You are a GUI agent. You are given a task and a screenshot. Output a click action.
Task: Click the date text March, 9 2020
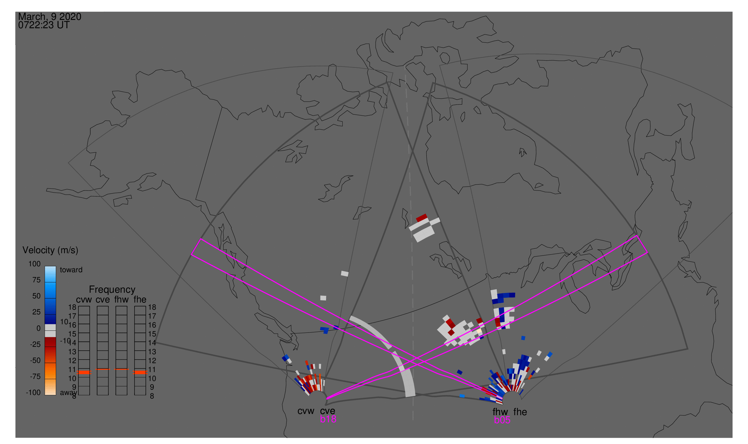[x=50, y=17]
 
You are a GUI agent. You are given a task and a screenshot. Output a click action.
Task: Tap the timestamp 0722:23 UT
[x=44, y=25]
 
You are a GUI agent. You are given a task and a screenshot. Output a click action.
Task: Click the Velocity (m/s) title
[x=50, y=251]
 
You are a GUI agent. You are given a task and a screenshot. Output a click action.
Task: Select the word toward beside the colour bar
[x=71, y=270]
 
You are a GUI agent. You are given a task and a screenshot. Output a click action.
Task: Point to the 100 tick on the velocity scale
[x=34, y=264]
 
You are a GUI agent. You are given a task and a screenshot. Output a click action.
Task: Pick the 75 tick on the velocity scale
[x=37, y=280]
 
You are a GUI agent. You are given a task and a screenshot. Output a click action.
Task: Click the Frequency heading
[x=112, y=290]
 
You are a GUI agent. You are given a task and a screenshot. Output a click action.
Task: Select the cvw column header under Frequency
[x=84, y=300]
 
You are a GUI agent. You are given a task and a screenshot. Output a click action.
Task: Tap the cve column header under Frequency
[x=102, y=300]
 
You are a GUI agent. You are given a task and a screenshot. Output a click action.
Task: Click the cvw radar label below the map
[x=306, y=411]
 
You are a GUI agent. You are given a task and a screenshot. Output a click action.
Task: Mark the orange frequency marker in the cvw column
[x=84, y=372]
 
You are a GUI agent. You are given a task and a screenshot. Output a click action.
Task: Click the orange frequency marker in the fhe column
[x=140, y=372]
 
